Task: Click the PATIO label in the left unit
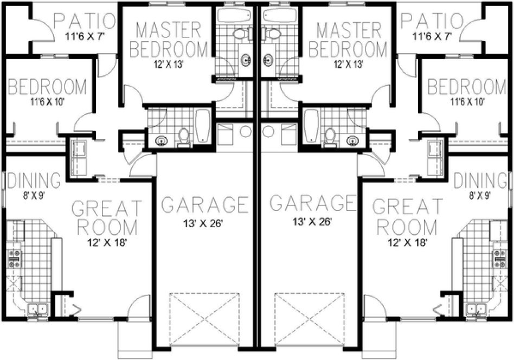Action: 86,22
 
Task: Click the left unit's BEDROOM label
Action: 48,87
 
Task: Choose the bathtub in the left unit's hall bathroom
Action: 203,126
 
